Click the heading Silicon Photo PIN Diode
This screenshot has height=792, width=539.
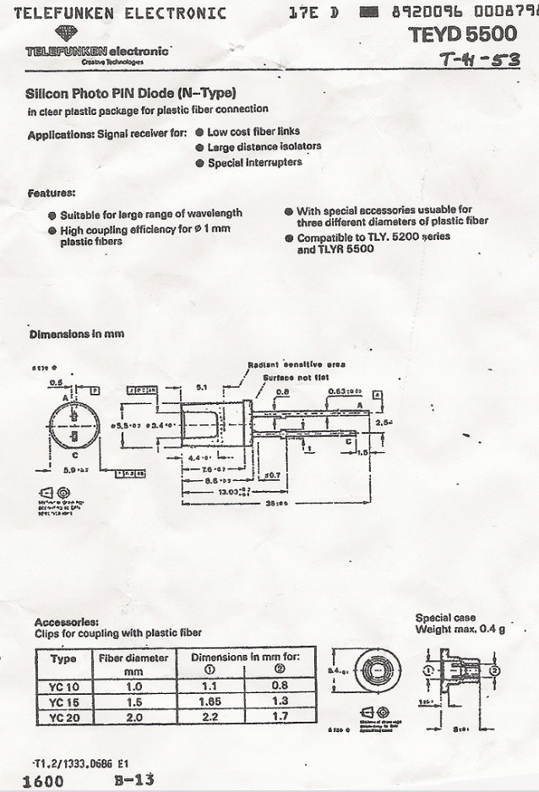pos(131,93)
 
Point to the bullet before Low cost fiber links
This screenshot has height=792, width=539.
pos(199,133)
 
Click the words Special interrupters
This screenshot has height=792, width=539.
pos(254,162)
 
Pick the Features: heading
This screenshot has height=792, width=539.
pos(52,193)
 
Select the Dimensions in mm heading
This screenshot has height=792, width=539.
pos(77,334)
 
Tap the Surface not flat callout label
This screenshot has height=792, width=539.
pos(295,377)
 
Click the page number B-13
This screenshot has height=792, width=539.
pos(133,779)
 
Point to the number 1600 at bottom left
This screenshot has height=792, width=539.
pos(43,781)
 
